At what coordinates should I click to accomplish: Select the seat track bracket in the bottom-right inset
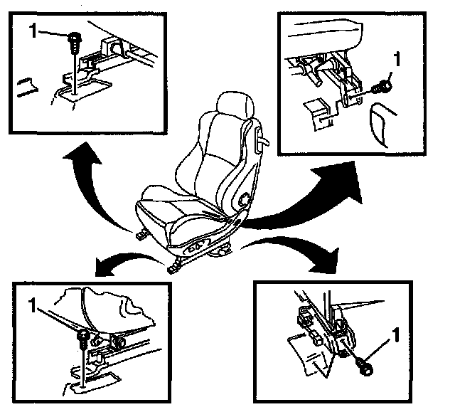(x=323, y=331)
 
